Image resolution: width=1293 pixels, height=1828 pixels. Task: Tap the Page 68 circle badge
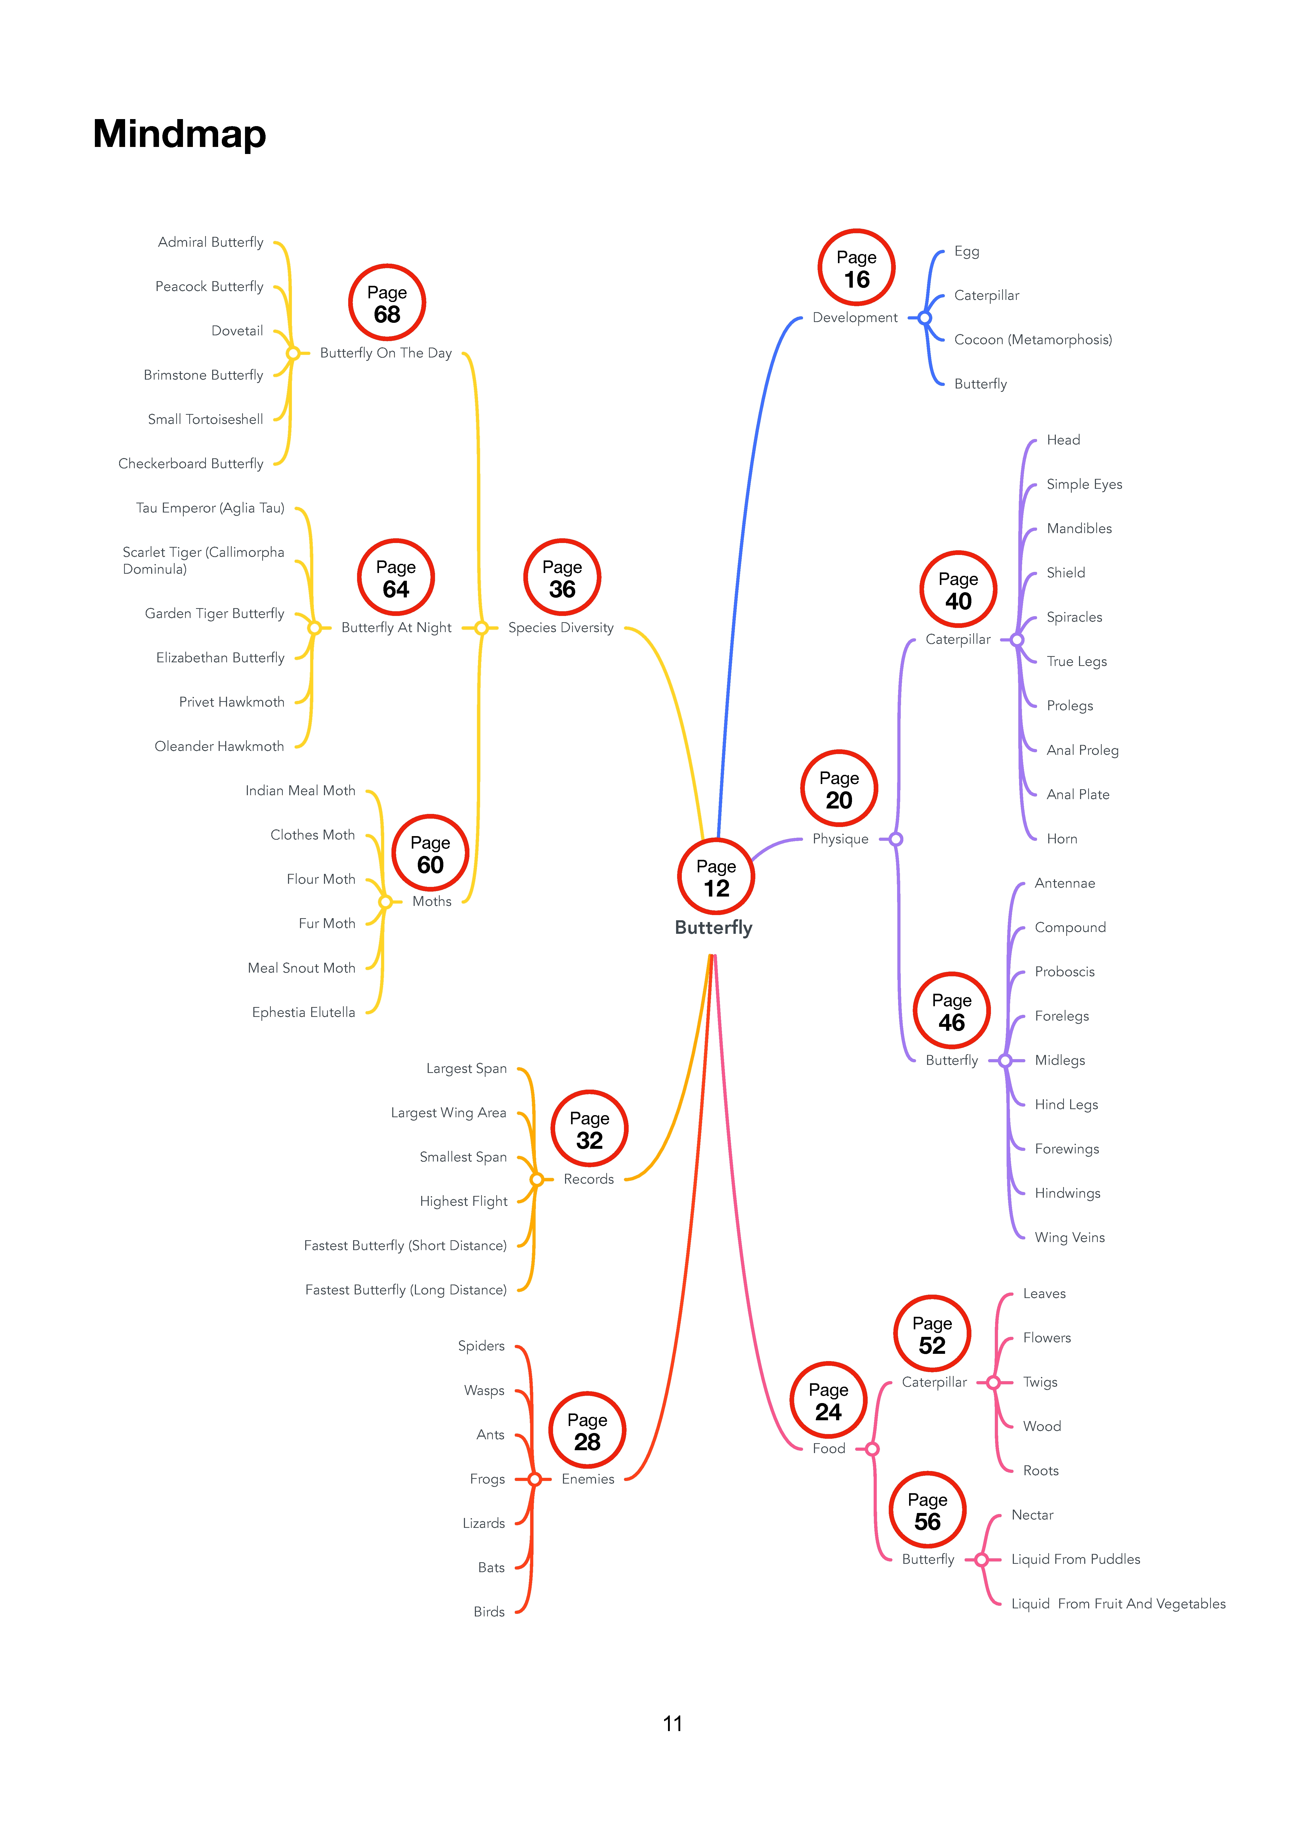387,302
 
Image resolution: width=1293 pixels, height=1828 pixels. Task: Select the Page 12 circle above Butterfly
716,876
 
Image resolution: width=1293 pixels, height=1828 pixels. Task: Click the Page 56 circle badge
927,1510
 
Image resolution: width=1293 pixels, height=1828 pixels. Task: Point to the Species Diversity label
561,628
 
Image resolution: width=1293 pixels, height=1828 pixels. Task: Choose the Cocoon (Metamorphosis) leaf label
1033,340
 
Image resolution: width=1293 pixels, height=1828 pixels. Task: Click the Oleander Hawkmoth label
219,746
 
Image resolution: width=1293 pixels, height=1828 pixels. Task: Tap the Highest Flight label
464,1201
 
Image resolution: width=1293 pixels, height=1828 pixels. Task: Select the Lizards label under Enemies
483,1523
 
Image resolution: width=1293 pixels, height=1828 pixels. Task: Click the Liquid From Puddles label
1076,1559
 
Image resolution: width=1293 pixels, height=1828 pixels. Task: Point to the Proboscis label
1064,972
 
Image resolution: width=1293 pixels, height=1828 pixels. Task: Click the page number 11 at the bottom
672,1724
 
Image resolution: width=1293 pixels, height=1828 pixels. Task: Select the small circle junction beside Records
537,1179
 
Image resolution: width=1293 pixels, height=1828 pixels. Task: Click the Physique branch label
841,839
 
